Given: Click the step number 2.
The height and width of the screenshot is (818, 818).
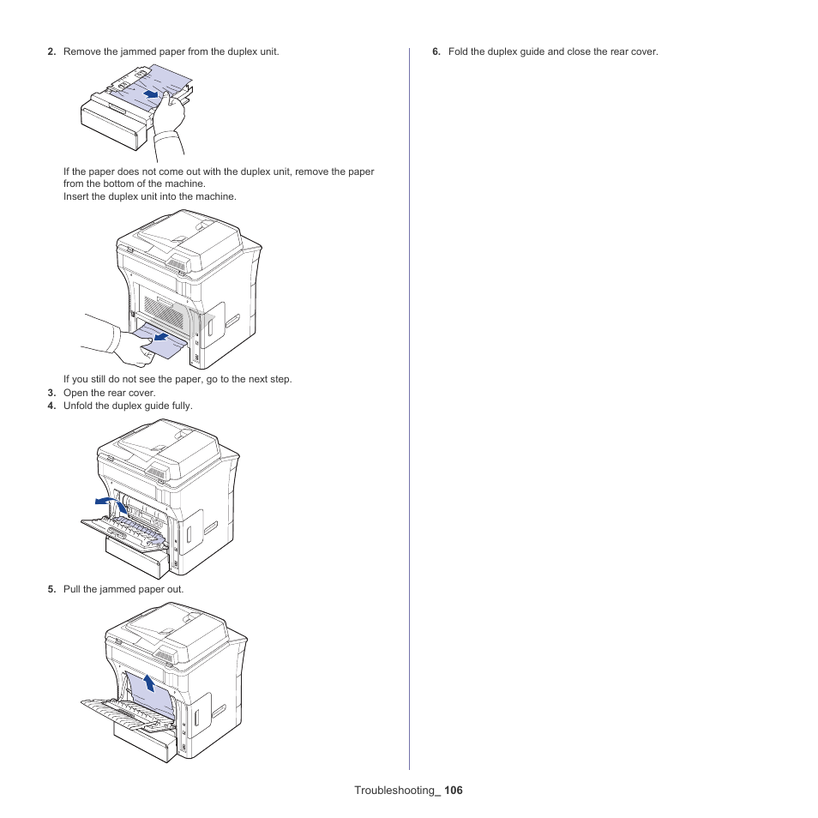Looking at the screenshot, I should (x=51, y=52).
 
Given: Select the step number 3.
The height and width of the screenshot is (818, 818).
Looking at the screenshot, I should (x=51, y=393).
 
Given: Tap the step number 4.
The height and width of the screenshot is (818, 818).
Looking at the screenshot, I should (x=51, y=406).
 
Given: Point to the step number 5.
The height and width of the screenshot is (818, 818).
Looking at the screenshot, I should (x=51, y=589).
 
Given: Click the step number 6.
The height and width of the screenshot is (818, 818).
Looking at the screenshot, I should (x=436, y=52).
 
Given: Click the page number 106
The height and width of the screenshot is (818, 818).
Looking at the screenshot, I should (x=453, y=791).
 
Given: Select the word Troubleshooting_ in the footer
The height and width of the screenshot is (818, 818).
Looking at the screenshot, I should (x=397, y=791).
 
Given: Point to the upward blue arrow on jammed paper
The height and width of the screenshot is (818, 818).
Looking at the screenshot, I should (x=149, y=683).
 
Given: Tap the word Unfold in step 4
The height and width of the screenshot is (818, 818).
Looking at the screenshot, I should (x=77, y=406).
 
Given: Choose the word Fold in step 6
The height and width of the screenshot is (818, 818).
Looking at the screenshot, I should (x=458, y=52).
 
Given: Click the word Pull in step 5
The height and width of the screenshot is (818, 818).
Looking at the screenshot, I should (x=72, y=589).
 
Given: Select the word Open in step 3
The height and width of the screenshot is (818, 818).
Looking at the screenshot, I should (x=75, y=393).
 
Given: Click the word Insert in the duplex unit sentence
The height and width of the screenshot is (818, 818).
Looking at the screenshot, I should (x=76, y=196).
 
